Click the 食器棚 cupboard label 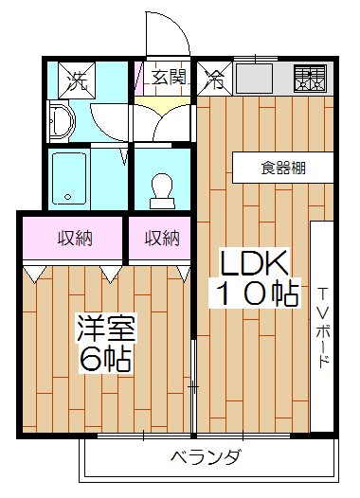pos(283,169)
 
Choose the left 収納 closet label pos(73,239)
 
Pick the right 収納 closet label pos(161,239)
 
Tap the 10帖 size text pos(253,293)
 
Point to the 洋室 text pos(106,329)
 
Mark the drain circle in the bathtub pos(66,198)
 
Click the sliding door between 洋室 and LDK pos(192,383)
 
